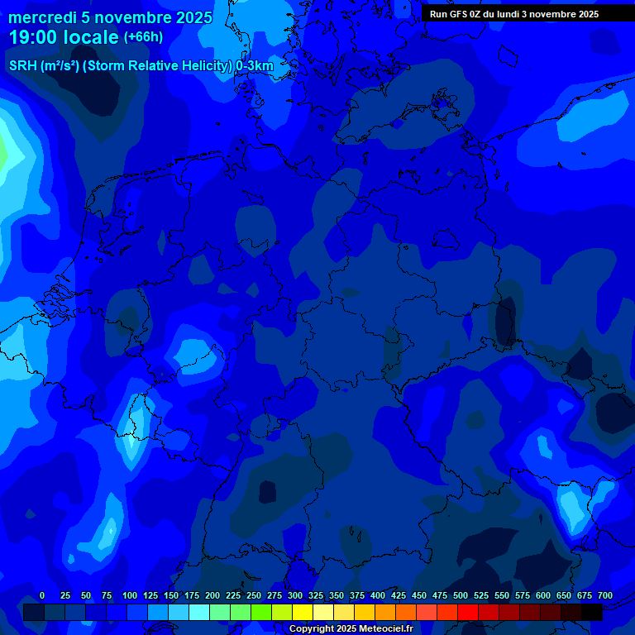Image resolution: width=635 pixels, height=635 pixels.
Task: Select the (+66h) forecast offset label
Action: (143, 36)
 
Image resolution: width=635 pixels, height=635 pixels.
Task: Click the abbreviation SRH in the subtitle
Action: (22, 66)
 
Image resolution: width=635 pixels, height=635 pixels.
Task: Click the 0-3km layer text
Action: (255, 66)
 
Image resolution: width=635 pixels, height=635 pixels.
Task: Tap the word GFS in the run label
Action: (458, 14)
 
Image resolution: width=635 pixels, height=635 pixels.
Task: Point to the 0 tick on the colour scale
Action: (42, 595)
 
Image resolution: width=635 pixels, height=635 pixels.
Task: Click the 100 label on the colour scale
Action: (130, 595)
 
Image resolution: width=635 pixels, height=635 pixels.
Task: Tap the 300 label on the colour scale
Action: (295, 595)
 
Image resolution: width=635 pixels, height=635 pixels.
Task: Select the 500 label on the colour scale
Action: (461, 595)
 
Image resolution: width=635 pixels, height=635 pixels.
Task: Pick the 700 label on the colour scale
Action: (605, 595)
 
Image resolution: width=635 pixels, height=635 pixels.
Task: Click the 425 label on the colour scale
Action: (399, 595)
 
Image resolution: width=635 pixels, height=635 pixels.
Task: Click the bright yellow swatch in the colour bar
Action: (303, 612)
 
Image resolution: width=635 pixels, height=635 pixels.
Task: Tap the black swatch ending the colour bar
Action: (592, 612)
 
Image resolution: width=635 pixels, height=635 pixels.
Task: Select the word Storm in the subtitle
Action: (105, 66)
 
